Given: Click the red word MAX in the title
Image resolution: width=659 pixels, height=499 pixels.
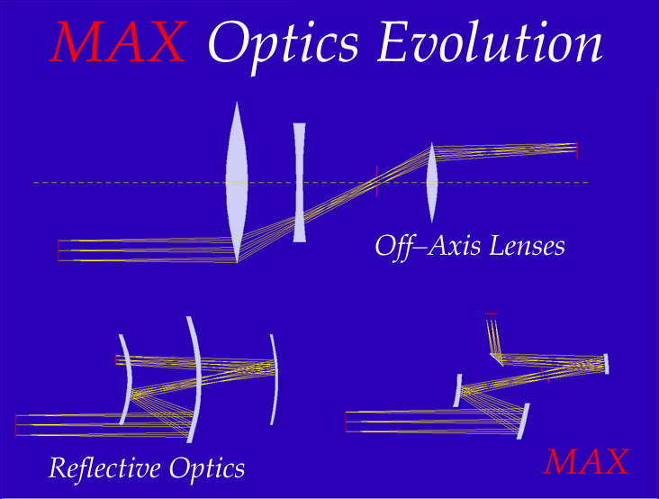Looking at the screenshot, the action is pyautogui.click(x=119, y=42).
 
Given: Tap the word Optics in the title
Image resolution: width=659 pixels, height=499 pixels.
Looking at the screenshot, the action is pyautogui.click(x=283, y=46).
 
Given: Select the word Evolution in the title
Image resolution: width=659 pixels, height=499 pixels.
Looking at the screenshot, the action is pyautogui.click(x=490, y=41).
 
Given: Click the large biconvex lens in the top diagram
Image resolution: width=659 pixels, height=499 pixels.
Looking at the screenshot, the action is pyautogui.click(x=237, y=183).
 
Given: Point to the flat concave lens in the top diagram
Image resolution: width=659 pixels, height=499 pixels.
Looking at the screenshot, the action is pyautogui.click(x=299, y=183).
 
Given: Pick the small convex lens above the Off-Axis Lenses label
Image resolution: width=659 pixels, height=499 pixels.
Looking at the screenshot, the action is pyautogui.click(x=431, y=183).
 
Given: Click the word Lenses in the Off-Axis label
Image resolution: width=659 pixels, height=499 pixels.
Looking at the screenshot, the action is pyautogui.click(x=527, y=246).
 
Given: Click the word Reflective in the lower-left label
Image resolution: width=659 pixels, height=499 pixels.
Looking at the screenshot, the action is pyautogui.click(x=104, y=467).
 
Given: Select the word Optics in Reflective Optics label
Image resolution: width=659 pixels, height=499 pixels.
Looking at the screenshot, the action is pyautogui.click(x=207, y=469).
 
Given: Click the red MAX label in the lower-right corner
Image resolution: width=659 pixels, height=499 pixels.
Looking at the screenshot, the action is pyautogui.click(x=586, y=461).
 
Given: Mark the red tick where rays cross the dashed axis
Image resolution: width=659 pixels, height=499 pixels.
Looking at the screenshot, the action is pyautogui.click(x=377, y=181).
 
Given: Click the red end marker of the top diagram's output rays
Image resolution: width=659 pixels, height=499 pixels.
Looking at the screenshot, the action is pyautogui.click(x=577, y=150).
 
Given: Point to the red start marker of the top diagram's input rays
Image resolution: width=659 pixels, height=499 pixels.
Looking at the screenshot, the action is pyautogui.click(x=58, y=250).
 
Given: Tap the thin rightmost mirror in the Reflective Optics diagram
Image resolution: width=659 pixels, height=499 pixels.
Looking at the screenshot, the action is pyautogui.click(x=275, y=378).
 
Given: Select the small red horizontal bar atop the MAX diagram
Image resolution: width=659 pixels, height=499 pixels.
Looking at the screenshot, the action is pyautogui.click(x=492, y=313).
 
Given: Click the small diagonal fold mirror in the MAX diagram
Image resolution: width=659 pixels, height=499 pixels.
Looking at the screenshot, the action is pyautogui.click(x=497, y=360).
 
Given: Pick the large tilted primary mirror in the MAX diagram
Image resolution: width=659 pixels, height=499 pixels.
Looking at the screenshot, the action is pyautogui.click(x=523, y=422).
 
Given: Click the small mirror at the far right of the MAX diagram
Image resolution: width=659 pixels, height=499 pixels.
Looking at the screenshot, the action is pyautogui.click(x=606, y=364).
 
